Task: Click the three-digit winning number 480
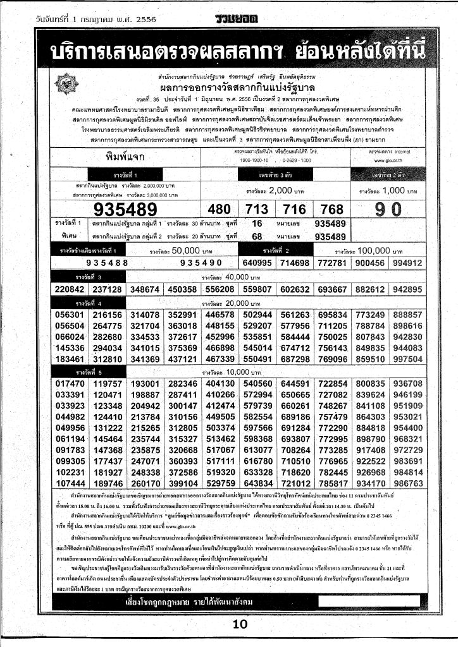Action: [x=219, y=210]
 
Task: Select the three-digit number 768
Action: [x=332, y=210]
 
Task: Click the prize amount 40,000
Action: [x=229, y=277]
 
